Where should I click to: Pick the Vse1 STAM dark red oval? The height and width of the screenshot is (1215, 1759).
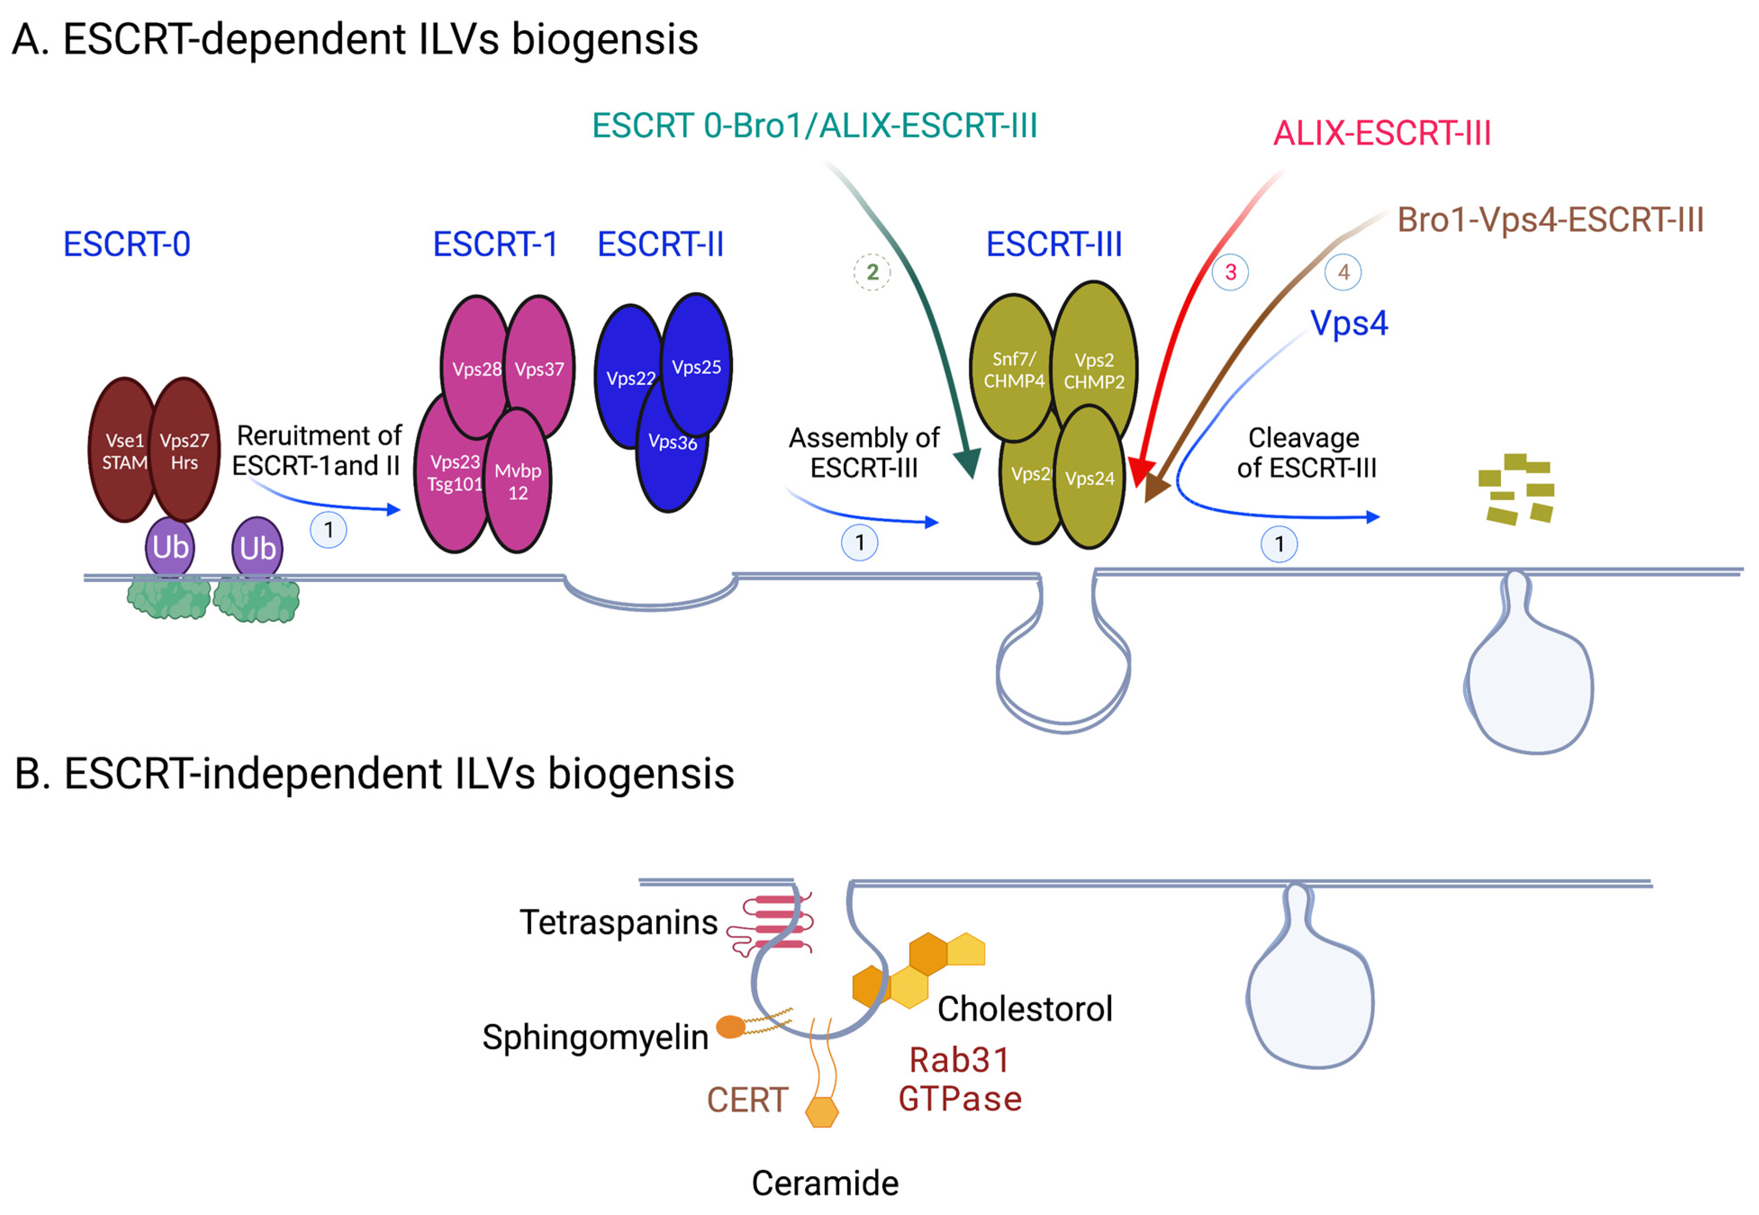[x=124, y=451]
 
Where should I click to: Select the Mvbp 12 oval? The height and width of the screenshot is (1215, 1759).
[x=518, y=481]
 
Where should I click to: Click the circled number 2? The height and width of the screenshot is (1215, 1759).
[x=872, y=272]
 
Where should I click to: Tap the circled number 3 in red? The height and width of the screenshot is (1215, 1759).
[x=1230, y=272]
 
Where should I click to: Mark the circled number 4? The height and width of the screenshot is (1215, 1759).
[x=1343, y=272]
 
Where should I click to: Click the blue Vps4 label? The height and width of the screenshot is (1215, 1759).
[x=1349, y=323]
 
